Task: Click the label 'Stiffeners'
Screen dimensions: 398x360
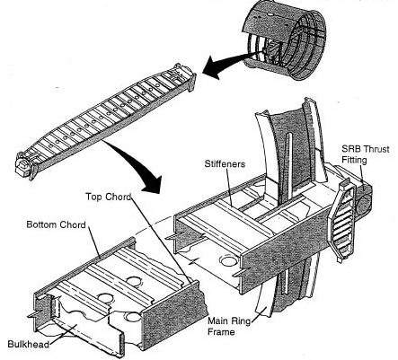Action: click(x=225, y=163)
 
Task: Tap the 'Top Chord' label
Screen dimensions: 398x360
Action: click(x=108, y=197)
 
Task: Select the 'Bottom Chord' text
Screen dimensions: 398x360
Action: click(x=56, y=224)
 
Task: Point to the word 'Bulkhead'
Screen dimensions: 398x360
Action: click(x=28, y=344)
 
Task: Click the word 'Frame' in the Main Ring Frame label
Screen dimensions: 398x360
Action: click(x=221, y=332)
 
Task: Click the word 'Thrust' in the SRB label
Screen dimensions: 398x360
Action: click(x=377, y=149)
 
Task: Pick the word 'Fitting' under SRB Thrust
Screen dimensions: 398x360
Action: click(x=354, y=160)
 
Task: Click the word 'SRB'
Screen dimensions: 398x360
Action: click(x=352, y=149)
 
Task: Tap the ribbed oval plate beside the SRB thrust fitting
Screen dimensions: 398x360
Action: click(x=342, y=222)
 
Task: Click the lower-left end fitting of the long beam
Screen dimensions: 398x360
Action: click(x=26, y=165)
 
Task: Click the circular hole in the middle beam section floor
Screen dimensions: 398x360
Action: click(x=229, y=260)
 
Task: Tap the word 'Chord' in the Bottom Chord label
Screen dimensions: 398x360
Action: click(x=73, y=224)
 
